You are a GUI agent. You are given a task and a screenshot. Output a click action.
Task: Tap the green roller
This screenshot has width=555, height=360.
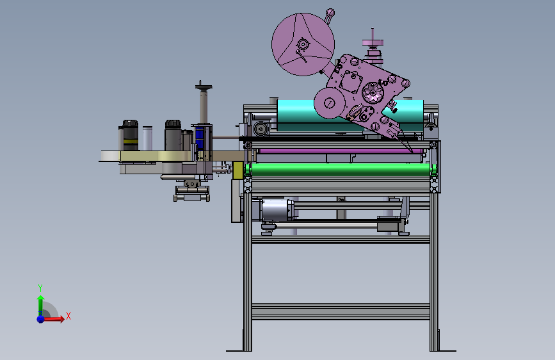tap(341, 169)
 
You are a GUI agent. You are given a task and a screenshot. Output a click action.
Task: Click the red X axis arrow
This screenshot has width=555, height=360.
tap(53, 319)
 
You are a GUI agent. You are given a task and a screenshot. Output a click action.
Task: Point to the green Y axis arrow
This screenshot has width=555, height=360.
tap(40, 306)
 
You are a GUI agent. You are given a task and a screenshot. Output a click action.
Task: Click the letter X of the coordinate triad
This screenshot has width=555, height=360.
tap(68, 316)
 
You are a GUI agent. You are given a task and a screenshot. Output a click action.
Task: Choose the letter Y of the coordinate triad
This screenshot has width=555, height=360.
tap(40, 288)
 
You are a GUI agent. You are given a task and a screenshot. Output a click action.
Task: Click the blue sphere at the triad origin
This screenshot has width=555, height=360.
tap(41, 319)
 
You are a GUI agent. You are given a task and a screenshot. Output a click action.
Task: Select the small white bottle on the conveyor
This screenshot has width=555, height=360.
tap(148, 138)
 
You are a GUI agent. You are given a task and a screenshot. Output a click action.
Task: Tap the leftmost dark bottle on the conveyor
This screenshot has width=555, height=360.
tap(129, 135)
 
